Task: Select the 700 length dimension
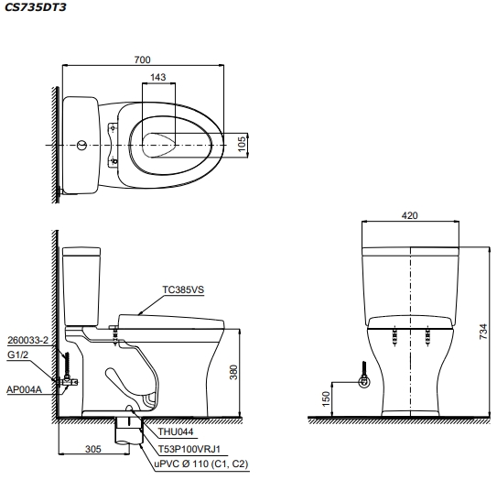coord(142,60)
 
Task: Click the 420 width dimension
coord(409,216)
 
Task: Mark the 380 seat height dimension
coord(233,372)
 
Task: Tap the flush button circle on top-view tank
coord(83,145)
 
